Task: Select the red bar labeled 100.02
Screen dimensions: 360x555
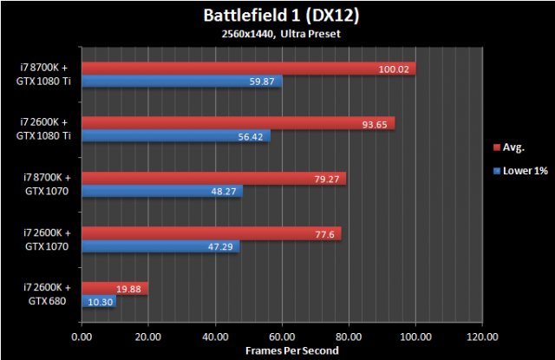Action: click(x=248, y=69)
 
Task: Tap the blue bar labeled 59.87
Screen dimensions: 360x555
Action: click(x=181, y=82)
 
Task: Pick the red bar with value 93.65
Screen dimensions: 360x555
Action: click(x=238, y=123)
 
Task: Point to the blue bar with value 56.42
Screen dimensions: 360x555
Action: click(x=175, y=136)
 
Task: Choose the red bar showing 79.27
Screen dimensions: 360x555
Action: click(x=213, y=179)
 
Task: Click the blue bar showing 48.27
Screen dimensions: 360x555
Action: click(x=161, y=192)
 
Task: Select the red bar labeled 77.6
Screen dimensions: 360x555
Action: click(x=211, y=233)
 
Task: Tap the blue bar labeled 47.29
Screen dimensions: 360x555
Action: click(x=160, y=246)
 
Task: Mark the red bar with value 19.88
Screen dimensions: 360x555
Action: click(x=114, y=289)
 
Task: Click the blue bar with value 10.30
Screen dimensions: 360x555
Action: click(x=98, y=302)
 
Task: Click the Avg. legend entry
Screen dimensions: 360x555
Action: click(x=513, y=147)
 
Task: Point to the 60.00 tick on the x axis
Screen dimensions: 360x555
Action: click(x=282, y=337)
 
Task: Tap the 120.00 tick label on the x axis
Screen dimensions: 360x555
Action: click(x=481, y=337)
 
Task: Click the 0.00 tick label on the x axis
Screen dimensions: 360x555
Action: click(x=82, y=337)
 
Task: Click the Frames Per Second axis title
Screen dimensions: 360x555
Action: click(x=281, y=350)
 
